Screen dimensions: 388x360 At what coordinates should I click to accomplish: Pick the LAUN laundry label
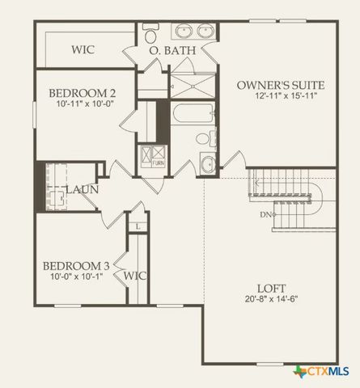click(83, 189)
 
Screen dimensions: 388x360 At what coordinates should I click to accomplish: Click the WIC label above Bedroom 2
click(83, 49)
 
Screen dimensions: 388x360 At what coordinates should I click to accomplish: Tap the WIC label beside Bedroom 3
click(134, 276)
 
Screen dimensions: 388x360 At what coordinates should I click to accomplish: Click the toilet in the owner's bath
click(150, 34)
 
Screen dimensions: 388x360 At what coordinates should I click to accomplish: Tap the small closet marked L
click(138, 226)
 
